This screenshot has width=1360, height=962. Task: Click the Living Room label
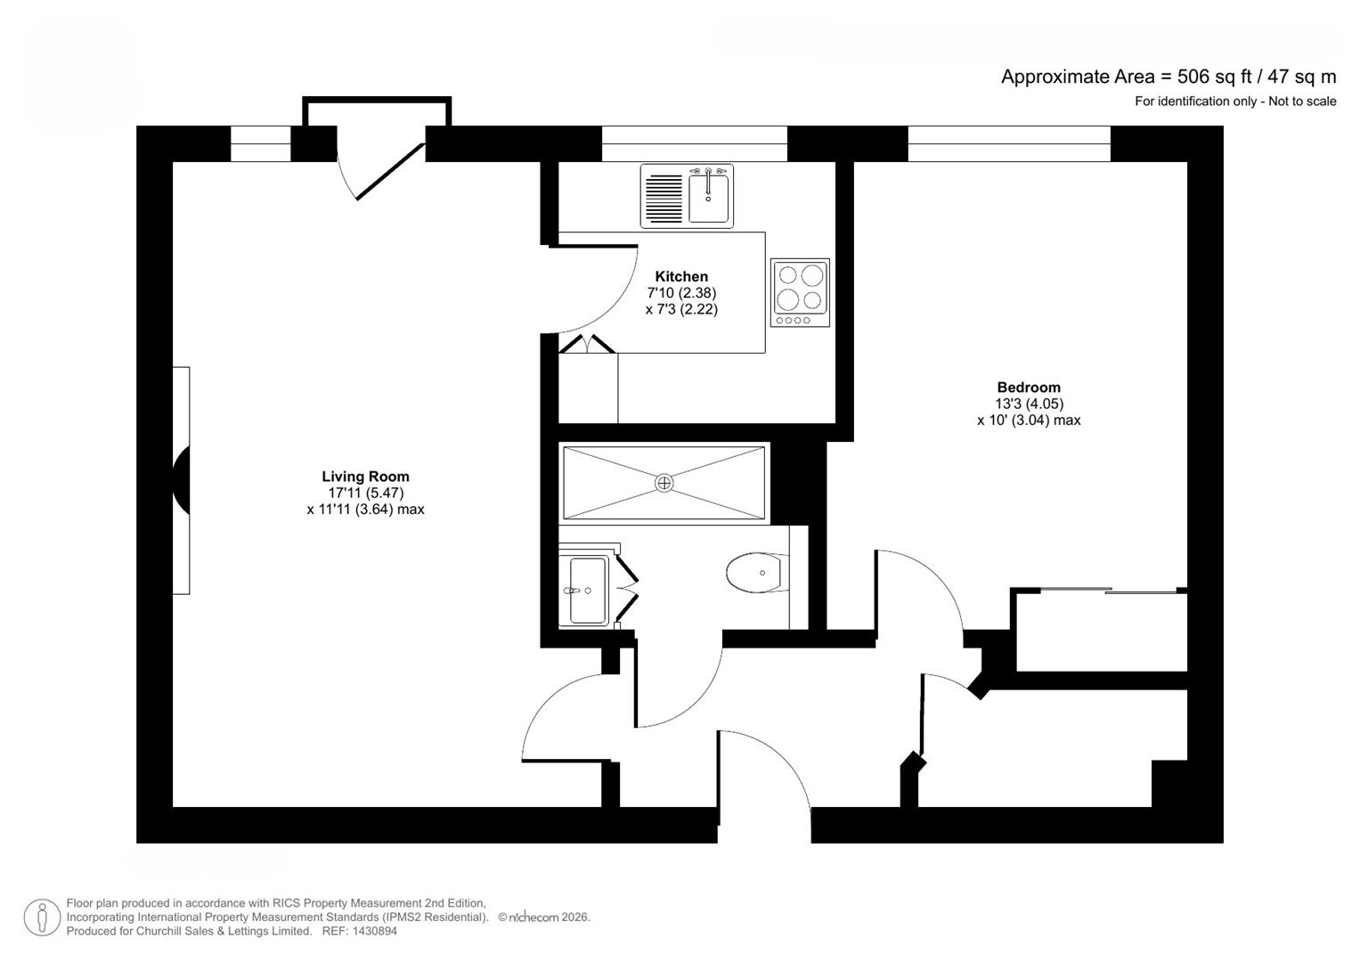tap(365, 477)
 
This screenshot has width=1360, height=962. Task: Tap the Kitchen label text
tap(681, 276)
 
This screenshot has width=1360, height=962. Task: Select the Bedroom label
tap(1029, 387)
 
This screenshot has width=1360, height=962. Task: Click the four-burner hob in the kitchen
tap(800, 292)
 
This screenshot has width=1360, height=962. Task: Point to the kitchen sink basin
tap(709, 198)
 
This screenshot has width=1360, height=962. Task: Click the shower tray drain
tap(664, 483)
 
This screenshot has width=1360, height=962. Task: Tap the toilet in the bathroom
tap(757, 573)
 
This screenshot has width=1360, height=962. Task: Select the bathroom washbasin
tap(587, 590)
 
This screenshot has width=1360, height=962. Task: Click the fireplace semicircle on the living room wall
tap(182, 481)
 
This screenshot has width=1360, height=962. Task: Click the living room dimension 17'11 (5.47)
tap(365, 493)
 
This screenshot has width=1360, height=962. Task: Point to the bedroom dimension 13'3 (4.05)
tap(1029, 404)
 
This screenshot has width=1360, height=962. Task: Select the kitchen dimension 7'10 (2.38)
tap(681, 293)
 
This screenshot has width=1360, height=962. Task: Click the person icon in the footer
tap(42, 917)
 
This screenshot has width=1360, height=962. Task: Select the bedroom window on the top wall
tap(1008, 143)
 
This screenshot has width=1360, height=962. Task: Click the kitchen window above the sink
tap(695, 143)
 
